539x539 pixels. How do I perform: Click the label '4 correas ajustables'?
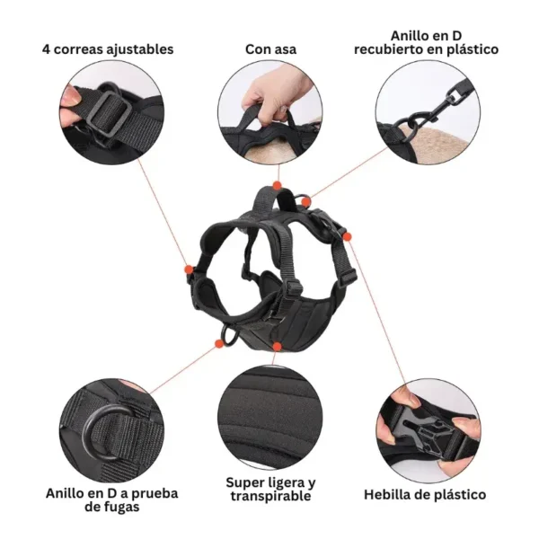point(108,49)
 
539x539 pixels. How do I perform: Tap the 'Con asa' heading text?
point(270,49)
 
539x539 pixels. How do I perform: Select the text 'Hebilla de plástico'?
point(425,495)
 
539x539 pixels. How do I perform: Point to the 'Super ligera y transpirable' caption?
point(270,490)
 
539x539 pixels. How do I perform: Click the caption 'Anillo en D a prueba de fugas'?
point(111,500)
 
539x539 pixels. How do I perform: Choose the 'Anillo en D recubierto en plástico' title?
point(426,42)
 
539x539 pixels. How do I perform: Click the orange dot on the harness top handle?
point(277,186)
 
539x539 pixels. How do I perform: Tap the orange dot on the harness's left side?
point(189,269)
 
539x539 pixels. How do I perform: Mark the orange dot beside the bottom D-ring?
point(218,343)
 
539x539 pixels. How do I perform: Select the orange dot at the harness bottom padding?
point(277,346)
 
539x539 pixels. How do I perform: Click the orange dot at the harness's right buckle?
point(347,236)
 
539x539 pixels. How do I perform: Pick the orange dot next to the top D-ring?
point(305,202)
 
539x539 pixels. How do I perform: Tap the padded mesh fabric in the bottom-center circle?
point(270,418)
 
